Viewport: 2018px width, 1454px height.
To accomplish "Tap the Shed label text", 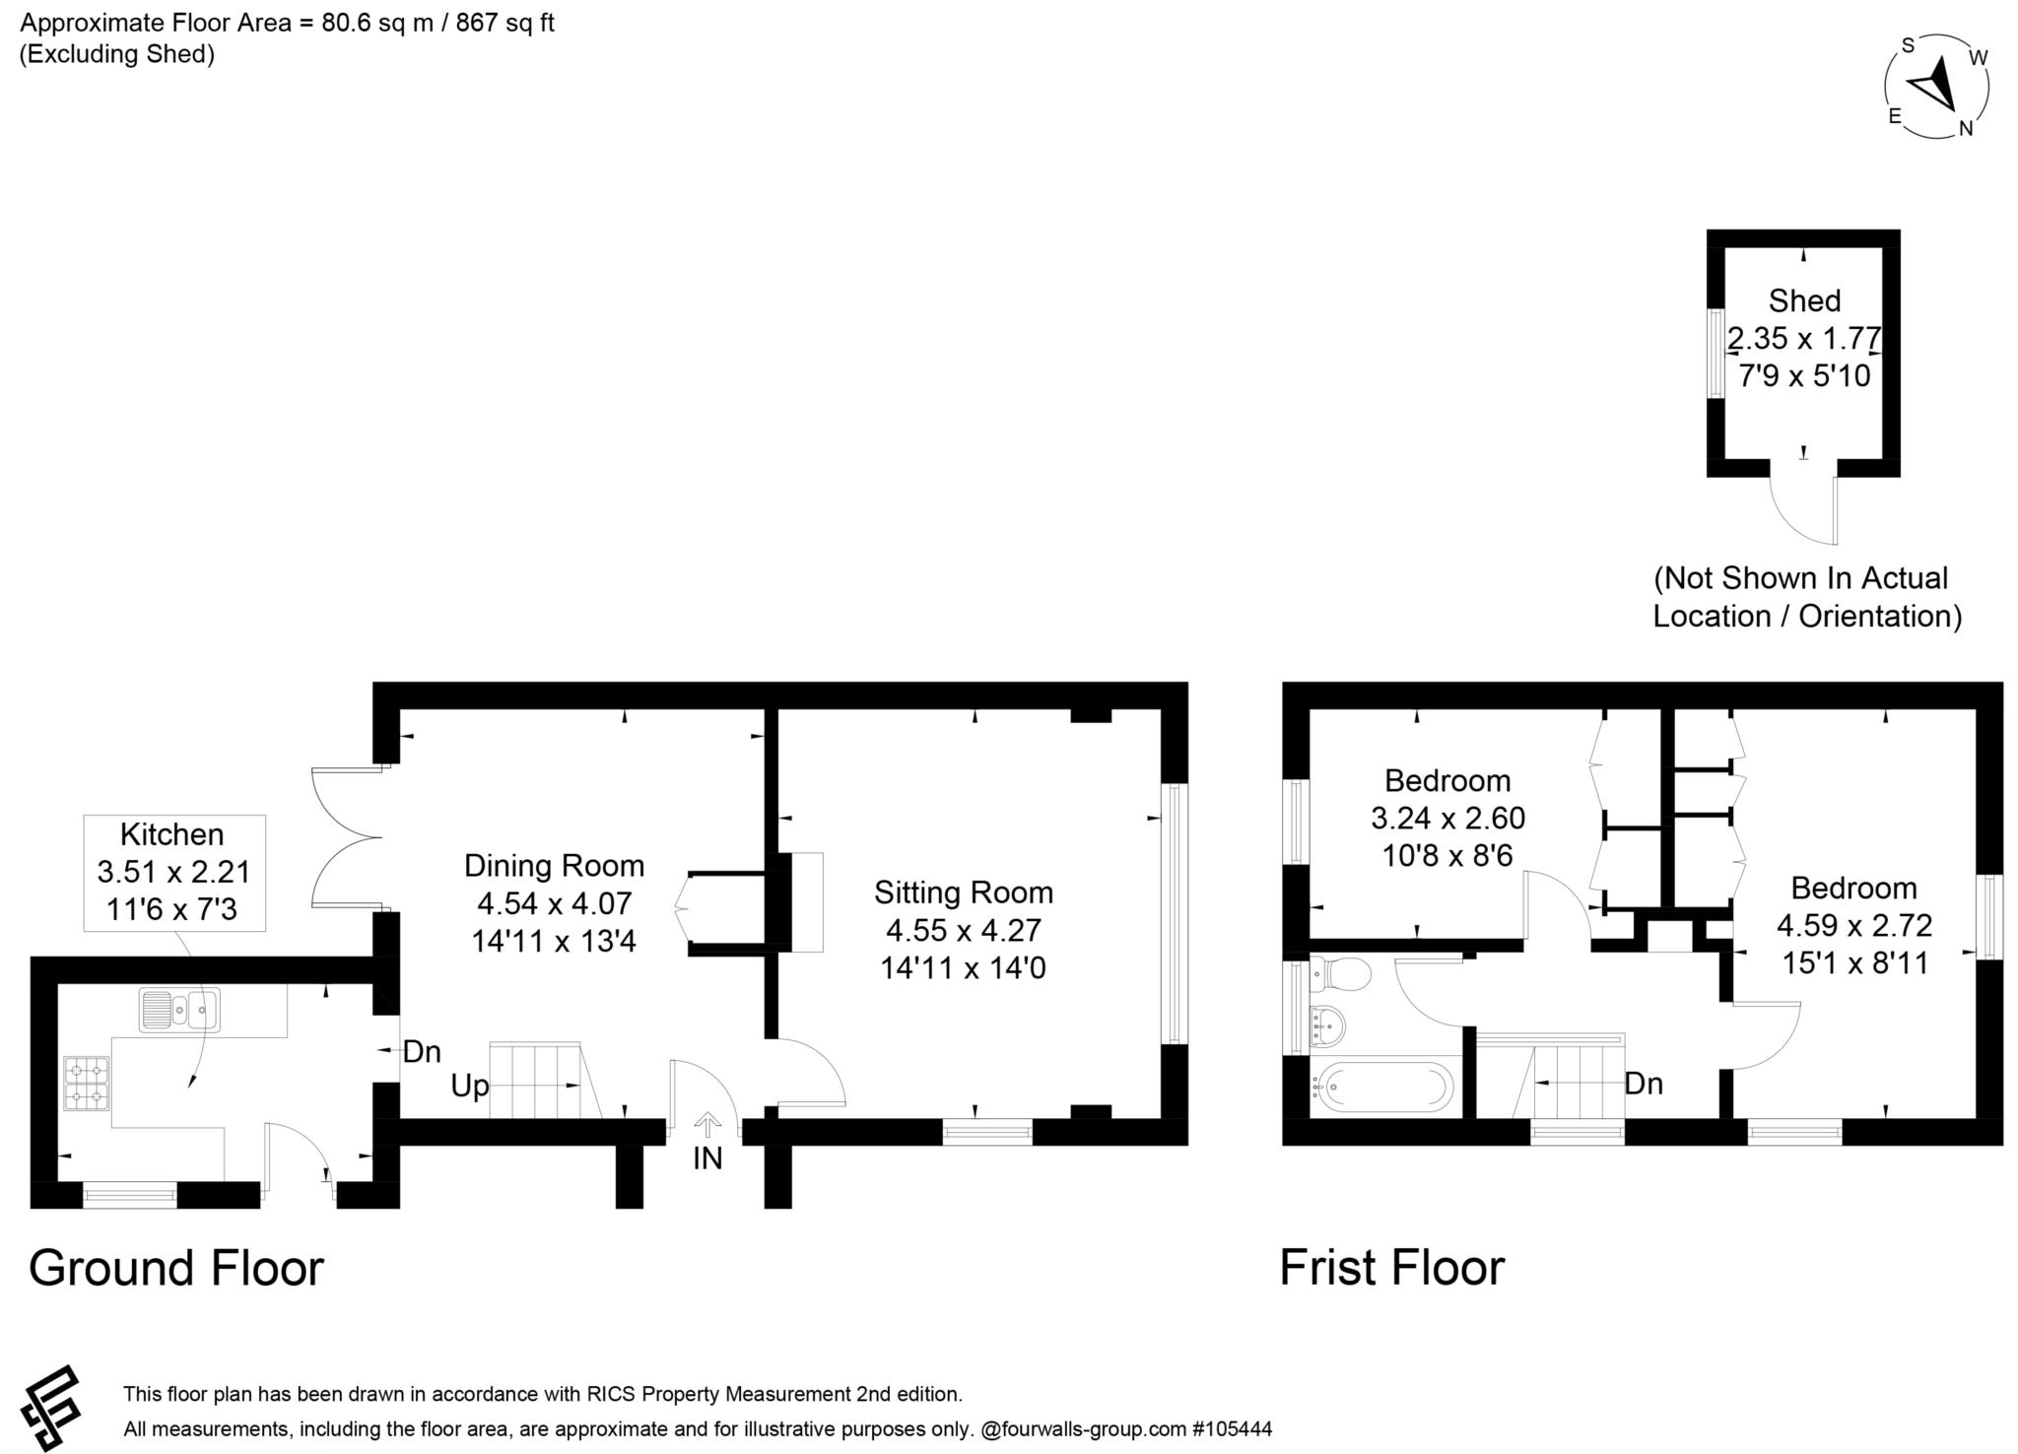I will (1803, 300).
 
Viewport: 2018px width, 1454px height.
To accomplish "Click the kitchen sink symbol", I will (179, 1010).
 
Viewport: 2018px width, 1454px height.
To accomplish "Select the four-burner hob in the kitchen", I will (87, 1083).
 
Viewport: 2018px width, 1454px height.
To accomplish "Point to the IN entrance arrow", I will (706, 1125).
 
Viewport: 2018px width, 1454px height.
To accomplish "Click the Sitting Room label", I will (963, 892).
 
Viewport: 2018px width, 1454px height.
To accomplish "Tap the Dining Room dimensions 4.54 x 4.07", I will (554, 903).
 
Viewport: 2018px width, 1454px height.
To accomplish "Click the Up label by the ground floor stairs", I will (469, 1087).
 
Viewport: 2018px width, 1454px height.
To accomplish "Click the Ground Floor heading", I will (176, 1268).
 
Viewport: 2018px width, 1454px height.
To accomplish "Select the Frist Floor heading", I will (1391, 1268).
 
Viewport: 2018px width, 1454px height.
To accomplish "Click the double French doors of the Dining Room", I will (345, 837).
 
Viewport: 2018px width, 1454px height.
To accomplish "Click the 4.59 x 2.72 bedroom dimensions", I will (1853, 926).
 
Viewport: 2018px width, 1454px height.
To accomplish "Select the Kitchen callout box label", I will (172, 835).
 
